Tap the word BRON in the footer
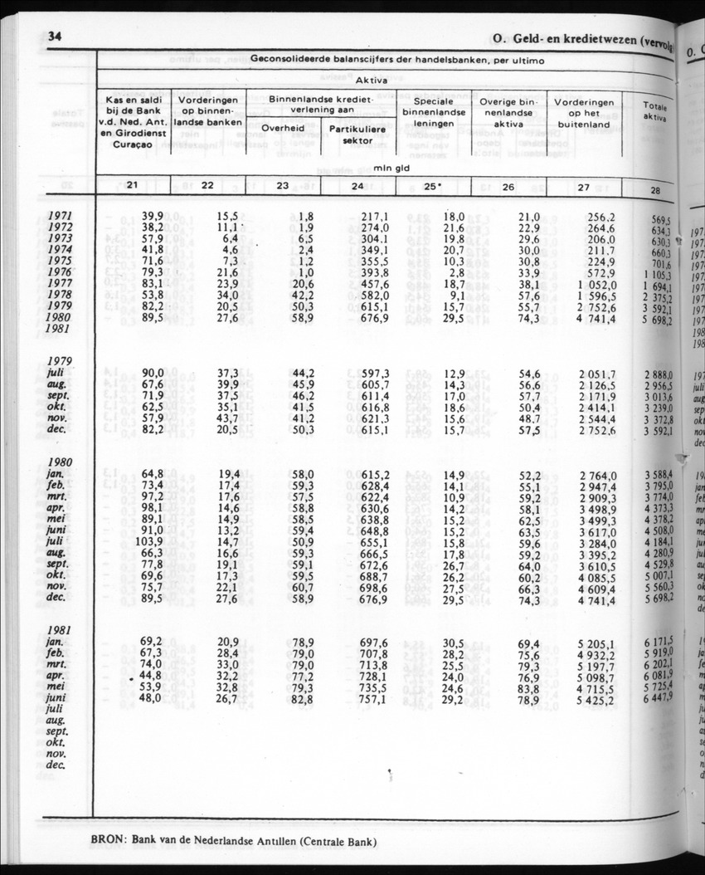tap(109, 839)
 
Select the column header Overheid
tap(283, 128)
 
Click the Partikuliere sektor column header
tap(357, 134)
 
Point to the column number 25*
tap(432, 186)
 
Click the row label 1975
tap(61, 260)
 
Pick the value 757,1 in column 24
tap(357, 699)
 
